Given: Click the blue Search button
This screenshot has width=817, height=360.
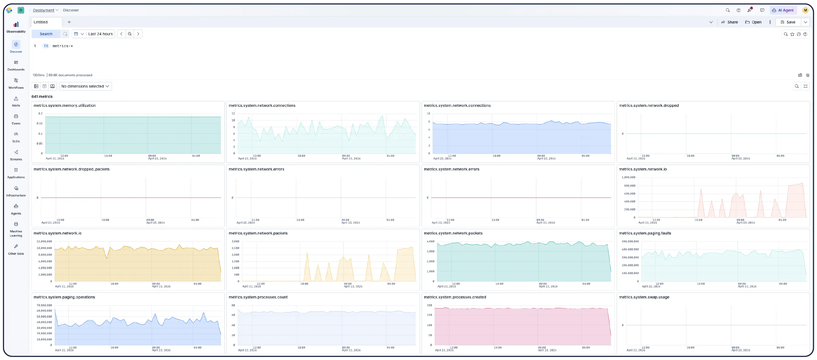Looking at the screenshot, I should (46, 34).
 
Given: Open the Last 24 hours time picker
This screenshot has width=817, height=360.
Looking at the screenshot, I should (100, 34).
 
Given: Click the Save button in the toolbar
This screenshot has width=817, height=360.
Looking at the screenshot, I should (788, 22).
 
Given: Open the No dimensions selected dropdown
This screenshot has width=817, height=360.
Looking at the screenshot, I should (85, 86).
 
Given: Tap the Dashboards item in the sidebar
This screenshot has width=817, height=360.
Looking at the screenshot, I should (16, 65).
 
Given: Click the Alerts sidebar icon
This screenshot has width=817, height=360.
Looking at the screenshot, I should (16, 101).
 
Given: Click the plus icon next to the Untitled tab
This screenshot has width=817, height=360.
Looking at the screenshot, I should (69, 22).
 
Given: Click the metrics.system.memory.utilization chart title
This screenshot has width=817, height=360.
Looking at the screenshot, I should (64, 106).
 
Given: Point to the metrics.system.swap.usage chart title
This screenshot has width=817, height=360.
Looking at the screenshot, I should (644, 297).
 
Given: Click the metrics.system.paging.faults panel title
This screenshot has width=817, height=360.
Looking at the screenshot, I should (645, 233).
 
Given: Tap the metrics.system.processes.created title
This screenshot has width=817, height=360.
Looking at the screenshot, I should (454, 297).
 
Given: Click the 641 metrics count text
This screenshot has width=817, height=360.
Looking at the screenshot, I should (42, 97).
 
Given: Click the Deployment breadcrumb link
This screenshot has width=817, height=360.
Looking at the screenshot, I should (44, 10).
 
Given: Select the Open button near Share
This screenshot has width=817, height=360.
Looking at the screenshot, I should (753, 22).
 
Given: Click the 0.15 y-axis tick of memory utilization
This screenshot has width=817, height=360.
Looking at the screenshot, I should (39, 123).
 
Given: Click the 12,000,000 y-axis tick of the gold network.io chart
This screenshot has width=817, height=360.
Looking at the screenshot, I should (44, 241).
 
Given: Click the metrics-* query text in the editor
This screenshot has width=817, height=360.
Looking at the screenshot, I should (62, 46).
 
